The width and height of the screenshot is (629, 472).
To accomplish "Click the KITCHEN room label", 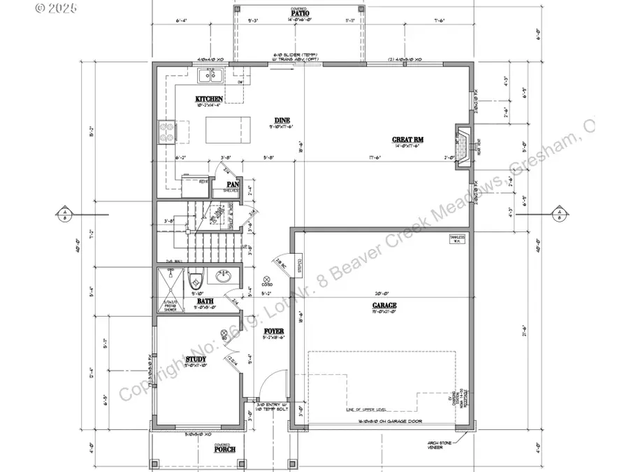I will pyautogui.click(x=209, y=99).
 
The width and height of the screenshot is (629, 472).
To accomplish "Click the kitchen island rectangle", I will pyautogui.click(x=227, y=128).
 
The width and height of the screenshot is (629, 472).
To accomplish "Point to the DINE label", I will pyautogui.click(x=282, y=120).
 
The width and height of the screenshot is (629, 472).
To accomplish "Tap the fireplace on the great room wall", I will pyautogui.click(x=461, y=139).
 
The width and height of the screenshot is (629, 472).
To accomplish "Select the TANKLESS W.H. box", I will pyautogui.click(x=458, y=239).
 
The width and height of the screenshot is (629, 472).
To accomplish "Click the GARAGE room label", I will pyautogui.click(x=384, y=306).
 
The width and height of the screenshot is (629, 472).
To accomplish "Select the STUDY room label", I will pyautogui.click(x=196, y=359).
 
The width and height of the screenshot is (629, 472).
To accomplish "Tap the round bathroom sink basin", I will pyautogui.click(x=224, y=277).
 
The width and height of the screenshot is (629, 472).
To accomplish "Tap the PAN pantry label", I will pyautogui.click(x=232, y=185).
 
